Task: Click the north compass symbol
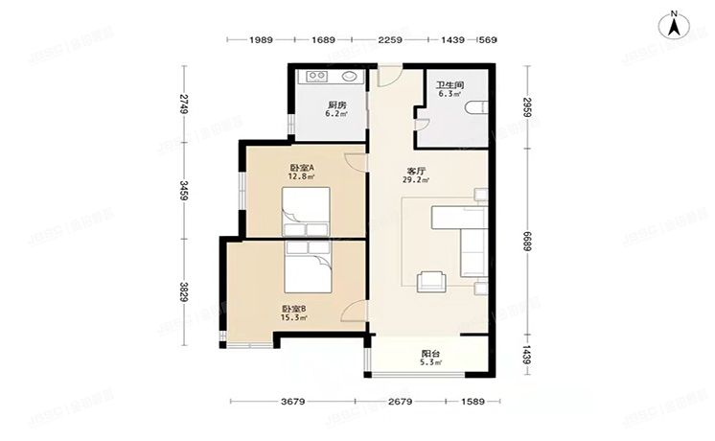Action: (676, 23)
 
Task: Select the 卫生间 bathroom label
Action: (450, 84)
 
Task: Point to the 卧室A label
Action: (303, 168)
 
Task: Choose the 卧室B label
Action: (293, 308)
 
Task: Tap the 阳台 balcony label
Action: (430, 352)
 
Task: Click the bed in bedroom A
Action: (306, 211)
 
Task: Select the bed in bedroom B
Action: (307, 264)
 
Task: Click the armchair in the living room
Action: (431, 279)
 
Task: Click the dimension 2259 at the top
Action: (389, 39)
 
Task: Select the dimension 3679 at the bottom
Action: (294, 401)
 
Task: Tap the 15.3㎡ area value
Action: (293, 317)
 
